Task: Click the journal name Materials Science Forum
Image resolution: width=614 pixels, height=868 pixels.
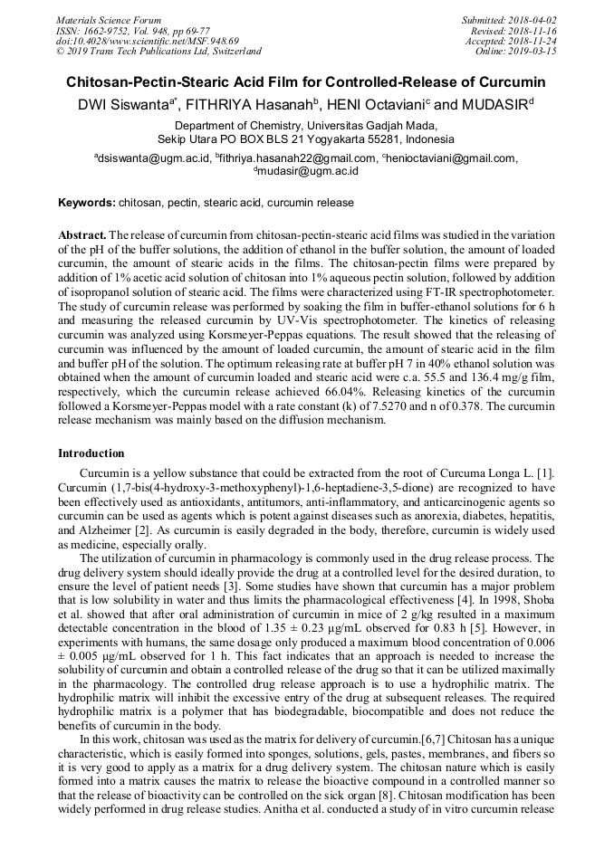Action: (x=109, y=19)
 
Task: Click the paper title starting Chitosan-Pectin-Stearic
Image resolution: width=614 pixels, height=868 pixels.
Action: (x=307, y=81)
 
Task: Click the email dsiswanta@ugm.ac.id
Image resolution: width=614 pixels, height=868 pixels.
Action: (x=155, y=158)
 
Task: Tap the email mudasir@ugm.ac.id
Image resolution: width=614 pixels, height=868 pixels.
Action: (x=309, y=170)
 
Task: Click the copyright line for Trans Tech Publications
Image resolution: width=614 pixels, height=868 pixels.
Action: (x=158, y=52)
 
